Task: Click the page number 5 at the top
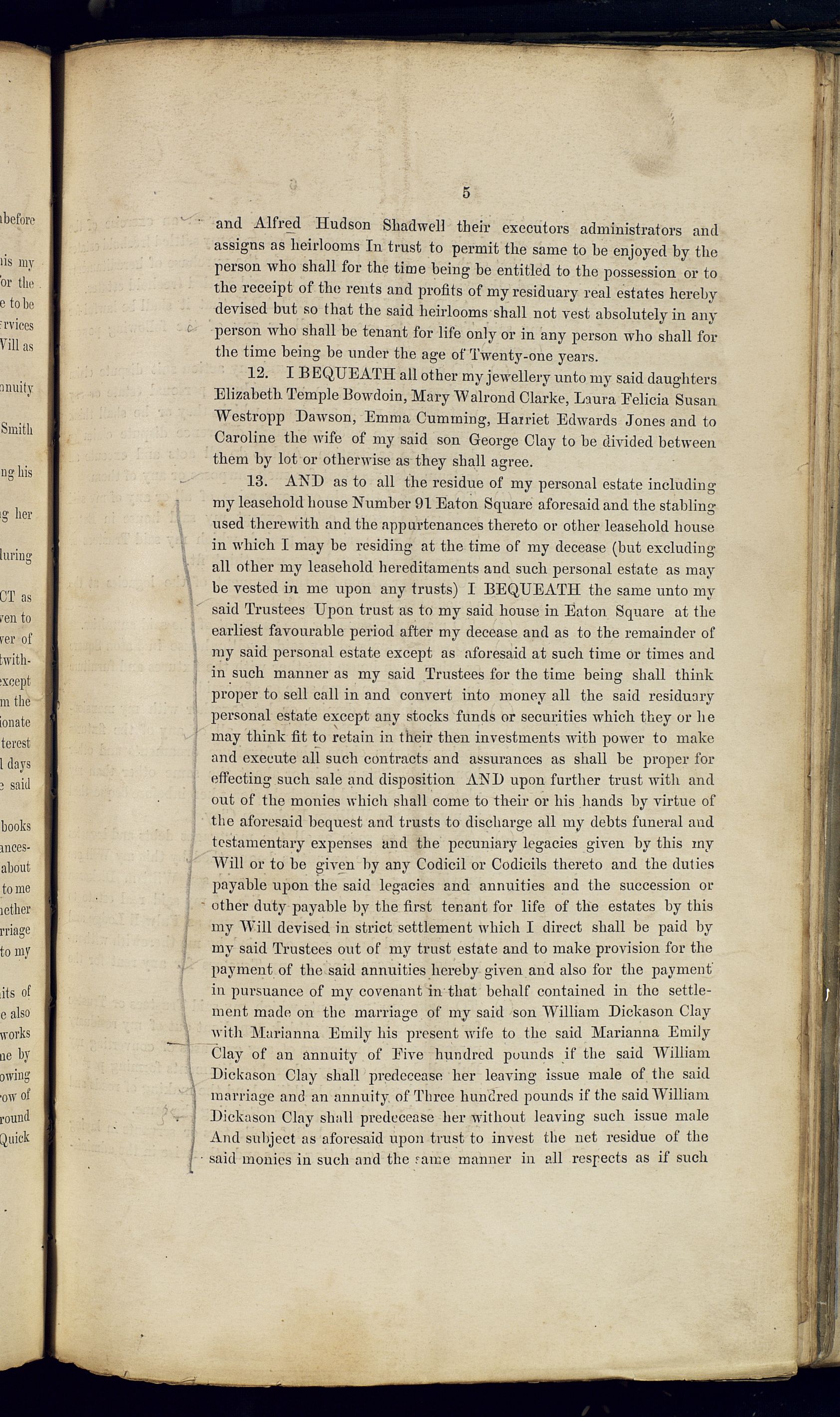[466, 193]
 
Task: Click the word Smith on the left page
[17, 429]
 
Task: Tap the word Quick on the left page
[16, 1138]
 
